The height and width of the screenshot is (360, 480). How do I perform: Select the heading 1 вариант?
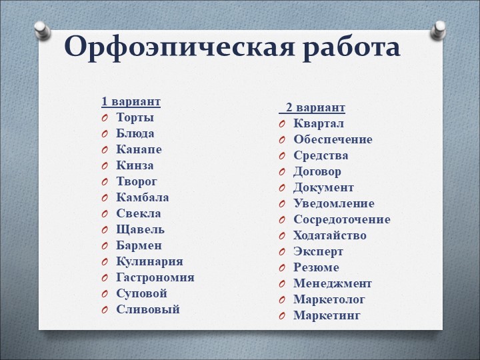click(131, 102)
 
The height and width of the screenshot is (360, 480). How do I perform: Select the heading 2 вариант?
click(315, 108)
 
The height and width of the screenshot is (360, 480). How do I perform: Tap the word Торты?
click(135, 117)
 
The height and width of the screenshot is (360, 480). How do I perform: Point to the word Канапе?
click(139, 149)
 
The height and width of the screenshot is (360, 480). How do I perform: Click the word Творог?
click(137, 181)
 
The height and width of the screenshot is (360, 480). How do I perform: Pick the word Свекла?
click(138, 213)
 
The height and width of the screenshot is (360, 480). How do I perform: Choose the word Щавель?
click(139, 229)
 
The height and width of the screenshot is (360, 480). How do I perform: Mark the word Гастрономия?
click(155, 277)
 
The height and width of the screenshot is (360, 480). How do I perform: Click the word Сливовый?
click(147, 309)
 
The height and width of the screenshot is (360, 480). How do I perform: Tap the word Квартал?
click(319, 123)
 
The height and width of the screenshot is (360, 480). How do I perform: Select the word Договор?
click(317, 171)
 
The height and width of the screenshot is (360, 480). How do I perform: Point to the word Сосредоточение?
click(341, 219)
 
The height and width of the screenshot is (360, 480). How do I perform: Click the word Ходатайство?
click(329, 235)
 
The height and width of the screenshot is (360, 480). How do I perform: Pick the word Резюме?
click(316, 267)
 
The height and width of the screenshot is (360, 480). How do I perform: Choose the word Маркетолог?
click(329, 299)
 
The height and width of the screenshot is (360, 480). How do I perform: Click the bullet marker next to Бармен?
click(105, 246)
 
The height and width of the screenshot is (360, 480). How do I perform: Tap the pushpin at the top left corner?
click(41, 29)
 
